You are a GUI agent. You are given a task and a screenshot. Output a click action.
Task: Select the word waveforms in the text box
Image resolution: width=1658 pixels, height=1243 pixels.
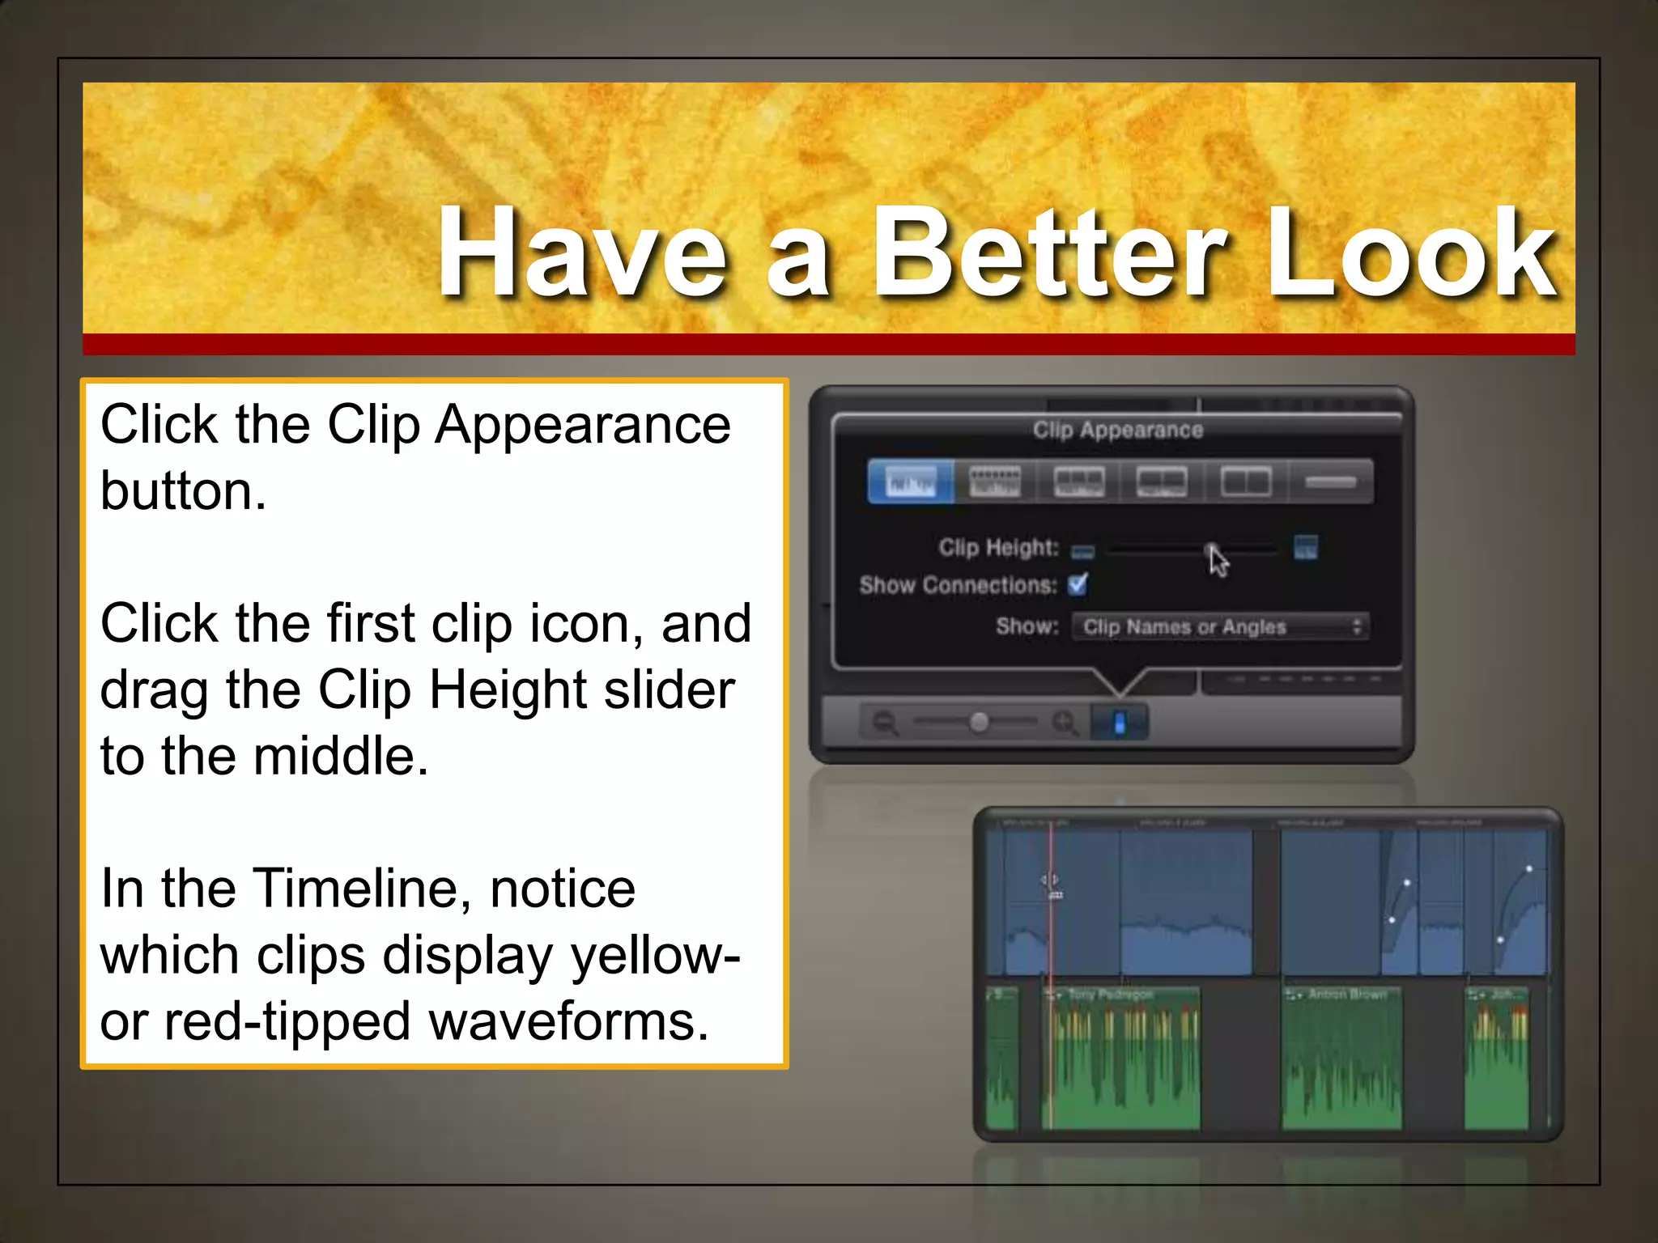(568, 1021)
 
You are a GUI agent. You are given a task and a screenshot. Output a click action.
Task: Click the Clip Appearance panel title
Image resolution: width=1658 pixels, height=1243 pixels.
(1117, 430)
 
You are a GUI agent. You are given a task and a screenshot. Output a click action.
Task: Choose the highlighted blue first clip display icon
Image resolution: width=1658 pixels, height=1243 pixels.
(911, 482)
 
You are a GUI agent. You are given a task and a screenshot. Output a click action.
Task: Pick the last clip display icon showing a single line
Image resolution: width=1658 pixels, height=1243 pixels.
(1330, 482)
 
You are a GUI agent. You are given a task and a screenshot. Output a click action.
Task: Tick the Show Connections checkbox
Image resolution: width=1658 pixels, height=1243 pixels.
(1078, 583)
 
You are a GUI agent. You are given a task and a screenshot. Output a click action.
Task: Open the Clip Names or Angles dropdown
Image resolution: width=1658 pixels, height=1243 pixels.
(1220, 626)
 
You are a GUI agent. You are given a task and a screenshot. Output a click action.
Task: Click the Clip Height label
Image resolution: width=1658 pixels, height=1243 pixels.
(998, 548)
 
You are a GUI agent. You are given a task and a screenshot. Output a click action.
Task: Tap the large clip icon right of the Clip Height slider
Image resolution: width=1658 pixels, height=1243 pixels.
(1305, 548)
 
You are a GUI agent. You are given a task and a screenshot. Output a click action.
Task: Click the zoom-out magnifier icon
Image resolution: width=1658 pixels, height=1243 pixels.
(885, 721)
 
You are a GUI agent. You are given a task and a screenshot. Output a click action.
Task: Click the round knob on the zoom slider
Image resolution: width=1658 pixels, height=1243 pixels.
(979, 721)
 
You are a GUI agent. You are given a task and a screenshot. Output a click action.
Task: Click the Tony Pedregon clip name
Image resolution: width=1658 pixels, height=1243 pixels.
(1110, 994)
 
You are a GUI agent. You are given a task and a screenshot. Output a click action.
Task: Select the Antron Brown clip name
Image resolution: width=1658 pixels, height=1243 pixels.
(1346, 994)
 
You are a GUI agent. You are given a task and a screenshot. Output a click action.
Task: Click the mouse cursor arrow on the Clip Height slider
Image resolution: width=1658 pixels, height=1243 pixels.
(1218, 561)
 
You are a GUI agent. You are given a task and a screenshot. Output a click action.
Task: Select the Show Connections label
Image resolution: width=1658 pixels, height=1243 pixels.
(958, 585)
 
